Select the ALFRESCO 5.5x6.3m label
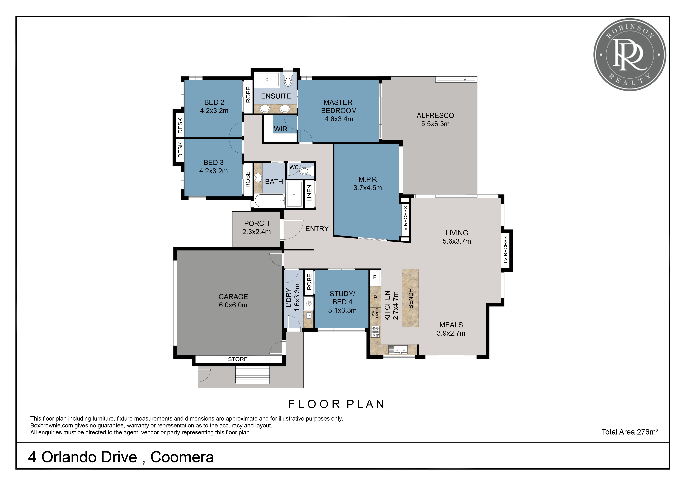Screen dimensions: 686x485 (435, 120)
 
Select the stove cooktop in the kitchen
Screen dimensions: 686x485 (376, 332)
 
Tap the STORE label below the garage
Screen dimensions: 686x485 (238, 359)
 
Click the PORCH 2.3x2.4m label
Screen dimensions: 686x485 (257, 228)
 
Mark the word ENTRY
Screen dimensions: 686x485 (317, 229)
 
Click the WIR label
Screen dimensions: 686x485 (281, 129)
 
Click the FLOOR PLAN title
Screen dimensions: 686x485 (336, 404)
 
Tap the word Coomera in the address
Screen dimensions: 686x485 (182, 457)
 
